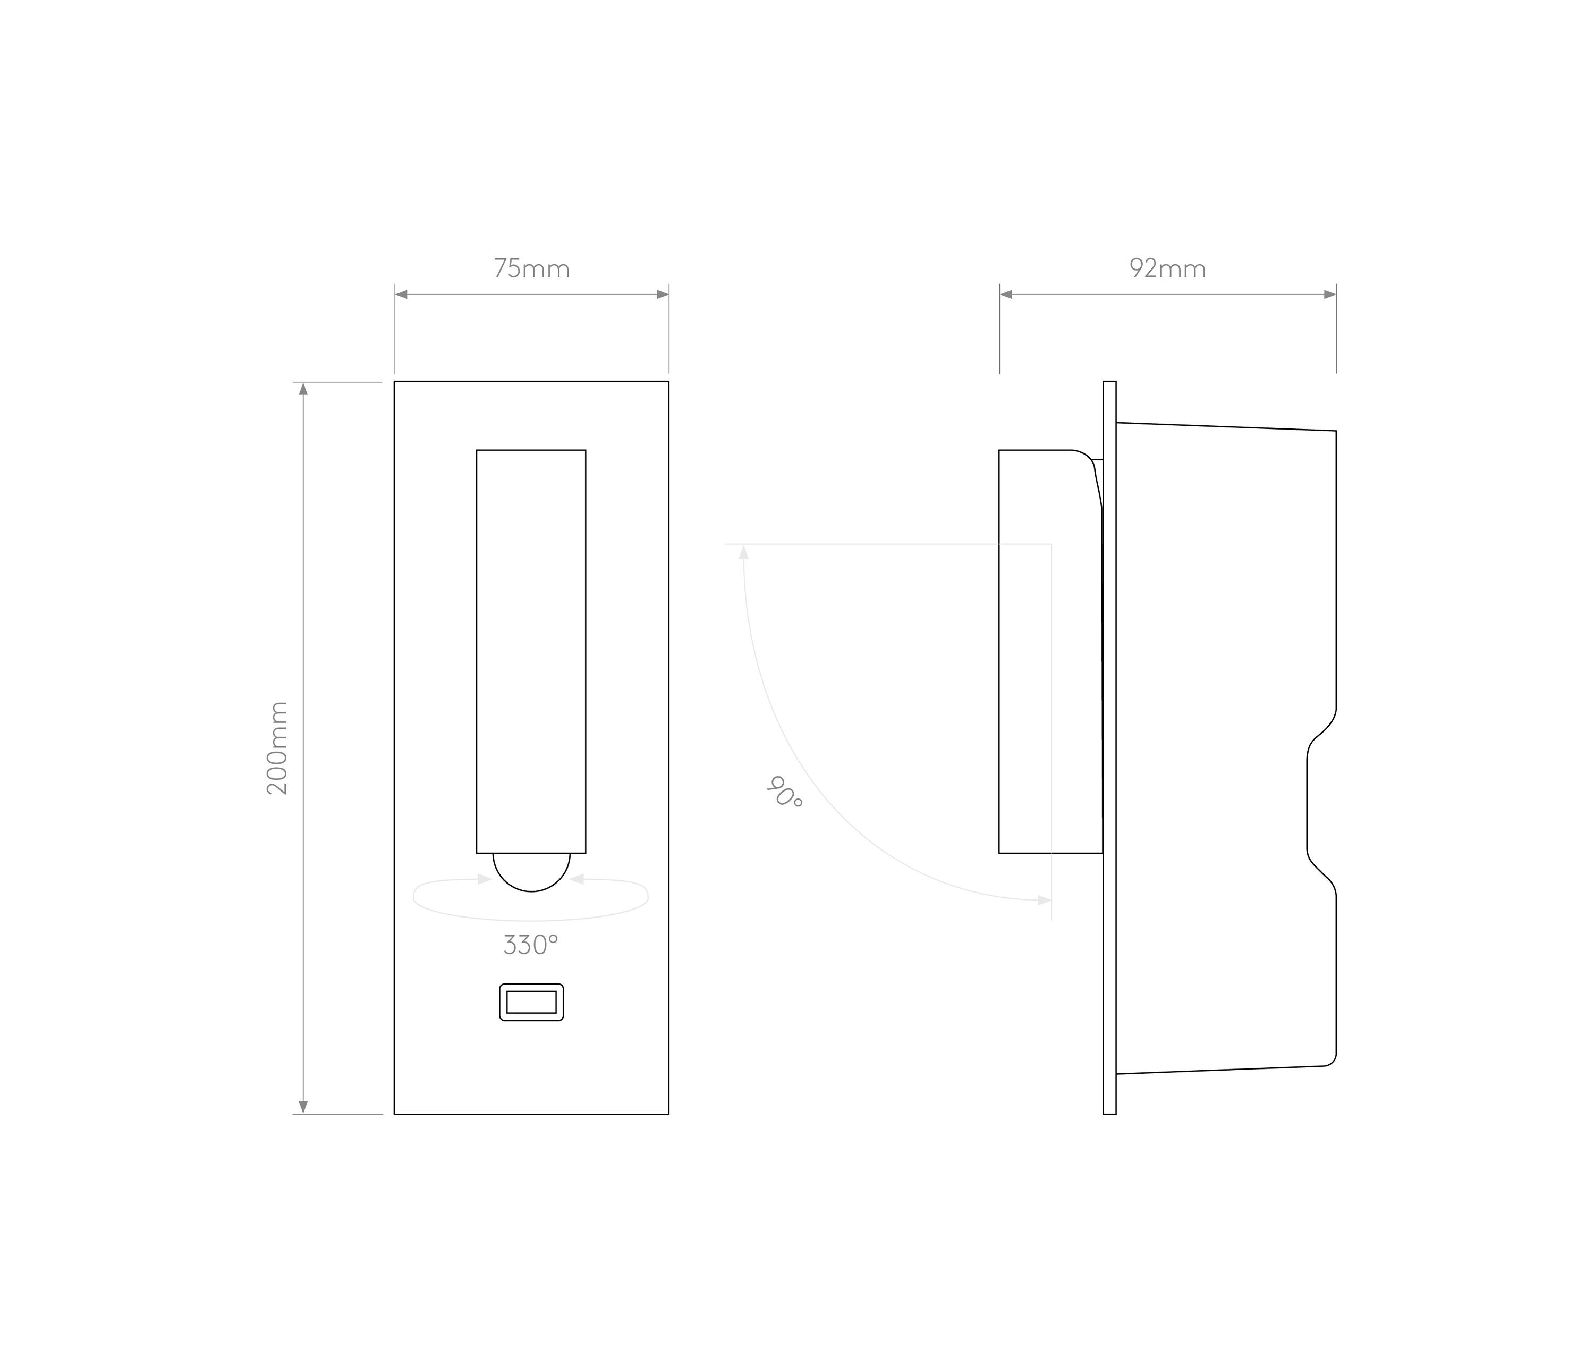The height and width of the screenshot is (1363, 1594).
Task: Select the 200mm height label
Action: coord(277,748)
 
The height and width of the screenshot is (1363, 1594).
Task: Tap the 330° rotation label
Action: coord(530,945)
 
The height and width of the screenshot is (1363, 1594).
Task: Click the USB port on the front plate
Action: coord(531,1002)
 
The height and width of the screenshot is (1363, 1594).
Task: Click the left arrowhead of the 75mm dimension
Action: coord(401,295)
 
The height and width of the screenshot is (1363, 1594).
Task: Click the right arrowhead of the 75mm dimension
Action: coord(663,295)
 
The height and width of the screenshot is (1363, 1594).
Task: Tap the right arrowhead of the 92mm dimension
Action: coord(1329,295)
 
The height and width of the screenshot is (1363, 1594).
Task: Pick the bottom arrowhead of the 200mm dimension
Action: coord(303,1107)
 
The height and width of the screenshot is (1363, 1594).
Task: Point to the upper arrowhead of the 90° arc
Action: coord(743,552)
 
